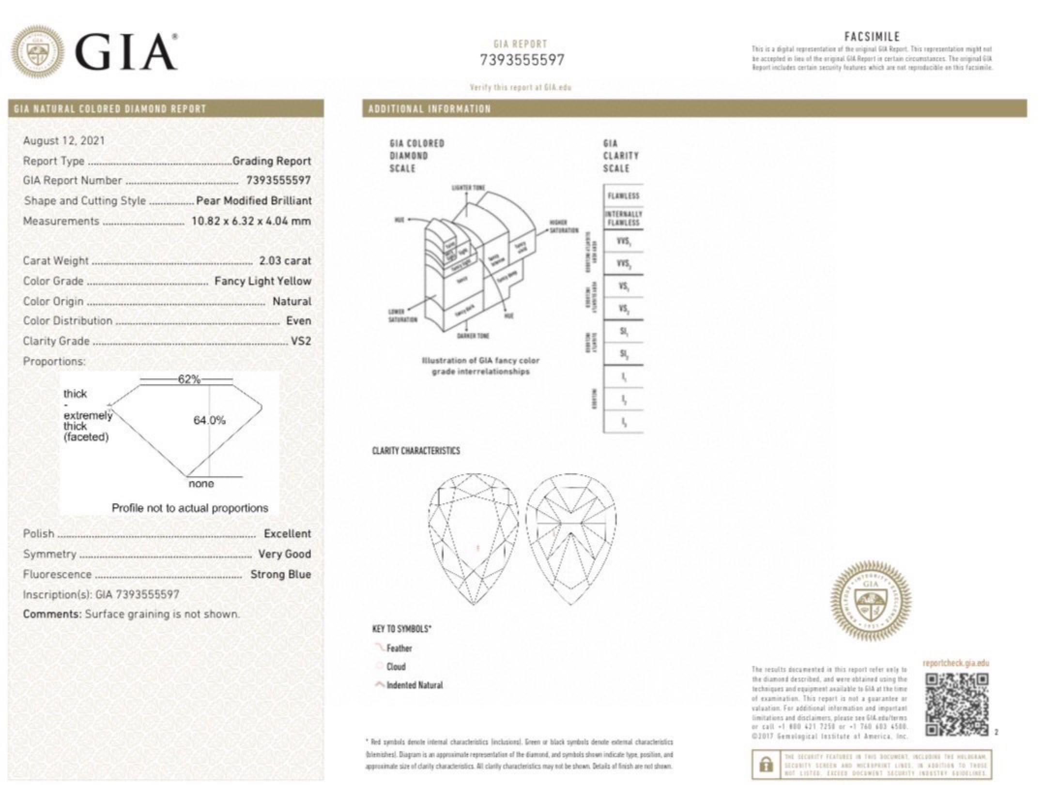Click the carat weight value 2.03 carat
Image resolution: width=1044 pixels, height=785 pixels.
[285, 261]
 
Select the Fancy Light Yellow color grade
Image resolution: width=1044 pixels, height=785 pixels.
[262, 281]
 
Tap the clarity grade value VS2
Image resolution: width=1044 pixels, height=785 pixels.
[301, 341]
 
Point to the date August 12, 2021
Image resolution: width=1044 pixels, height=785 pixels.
[63, 141]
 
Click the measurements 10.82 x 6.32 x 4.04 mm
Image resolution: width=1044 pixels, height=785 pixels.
[251, 221]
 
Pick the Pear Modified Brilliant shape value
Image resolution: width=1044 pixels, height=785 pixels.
[253, 201]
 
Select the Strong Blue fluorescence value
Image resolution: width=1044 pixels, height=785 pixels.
[280, 574]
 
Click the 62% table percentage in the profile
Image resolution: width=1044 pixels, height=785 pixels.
[189, 379]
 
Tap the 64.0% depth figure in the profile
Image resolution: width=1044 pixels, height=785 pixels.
[209, 420]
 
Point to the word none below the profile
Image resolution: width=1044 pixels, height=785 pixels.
[201, 484]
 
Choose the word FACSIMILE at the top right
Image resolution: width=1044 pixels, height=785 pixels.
[872, 37]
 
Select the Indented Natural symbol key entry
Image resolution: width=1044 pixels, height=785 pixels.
[415, 685]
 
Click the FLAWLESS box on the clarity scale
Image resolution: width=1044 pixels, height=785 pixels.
[623, 196]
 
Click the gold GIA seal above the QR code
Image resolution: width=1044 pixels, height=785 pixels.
[870, 601]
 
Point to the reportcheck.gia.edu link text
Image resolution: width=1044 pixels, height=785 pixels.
[955, 664]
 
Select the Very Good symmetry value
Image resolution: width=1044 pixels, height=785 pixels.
[284, 554]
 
